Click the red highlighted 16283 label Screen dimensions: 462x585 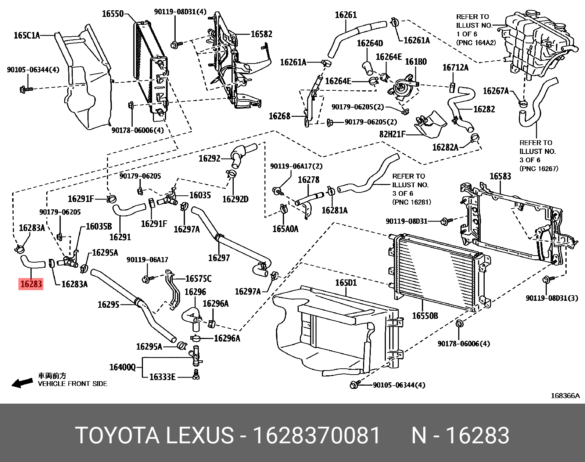(31, 284)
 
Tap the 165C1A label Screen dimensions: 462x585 (26, 36)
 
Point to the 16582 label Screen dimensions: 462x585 (261, 34)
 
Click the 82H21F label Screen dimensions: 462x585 (392, 134)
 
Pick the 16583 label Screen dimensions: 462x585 (500, 177)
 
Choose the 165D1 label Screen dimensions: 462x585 (346, 283)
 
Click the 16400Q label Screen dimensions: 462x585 (122, 367)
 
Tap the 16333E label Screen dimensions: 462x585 (162, 377)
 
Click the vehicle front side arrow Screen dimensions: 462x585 (22, 383)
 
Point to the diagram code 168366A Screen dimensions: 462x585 (565, 396)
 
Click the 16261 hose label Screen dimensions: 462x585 (346, 15)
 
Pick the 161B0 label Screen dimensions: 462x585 (416, 62)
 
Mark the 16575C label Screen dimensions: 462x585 (198, 279)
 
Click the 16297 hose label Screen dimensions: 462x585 (219, 258)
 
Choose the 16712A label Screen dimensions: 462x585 (456, 68)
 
